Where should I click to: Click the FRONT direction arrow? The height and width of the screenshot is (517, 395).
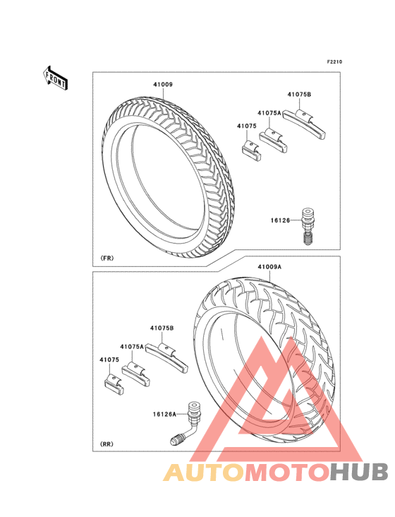click(x=55, y=78)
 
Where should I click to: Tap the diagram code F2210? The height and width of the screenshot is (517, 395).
click(x=334, y=61)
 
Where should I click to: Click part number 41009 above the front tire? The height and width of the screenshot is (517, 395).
click(x=163, y=85)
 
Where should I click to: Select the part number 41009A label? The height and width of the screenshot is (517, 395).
click(x=269, y=267)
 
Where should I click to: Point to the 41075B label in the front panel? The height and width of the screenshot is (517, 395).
click(x=299, y=95)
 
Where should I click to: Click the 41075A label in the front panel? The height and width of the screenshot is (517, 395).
click(x=269, y=113)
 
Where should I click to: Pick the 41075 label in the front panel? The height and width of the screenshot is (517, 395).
click(x=247, y=126)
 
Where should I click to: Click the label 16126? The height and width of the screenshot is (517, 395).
click(x=281, y=220)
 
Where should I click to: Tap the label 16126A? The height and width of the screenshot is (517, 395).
click(x=164, y=414)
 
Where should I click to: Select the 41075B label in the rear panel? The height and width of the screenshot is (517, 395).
click(x=162, y=328)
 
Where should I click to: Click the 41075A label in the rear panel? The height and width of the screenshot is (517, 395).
click(x=132, y=347)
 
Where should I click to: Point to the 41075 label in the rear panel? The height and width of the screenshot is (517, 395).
click(x=109, y=359)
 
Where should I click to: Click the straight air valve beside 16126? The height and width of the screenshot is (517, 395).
click(x=307, y=226)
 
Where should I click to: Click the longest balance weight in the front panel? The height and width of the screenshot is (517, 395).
click(x=305, y=124)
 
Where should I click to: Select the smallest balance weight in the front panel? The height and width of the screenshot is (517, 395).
click(x=252, y=150)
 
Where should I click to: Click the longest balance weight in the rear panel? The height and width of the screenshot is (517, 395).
click(x=167, y=358)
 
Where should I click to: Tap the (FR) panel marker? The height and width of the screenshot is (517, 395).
click(x=107, y=258)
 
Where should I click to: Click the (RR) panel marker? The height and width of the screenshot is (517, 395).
click(x=107, y=444)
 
